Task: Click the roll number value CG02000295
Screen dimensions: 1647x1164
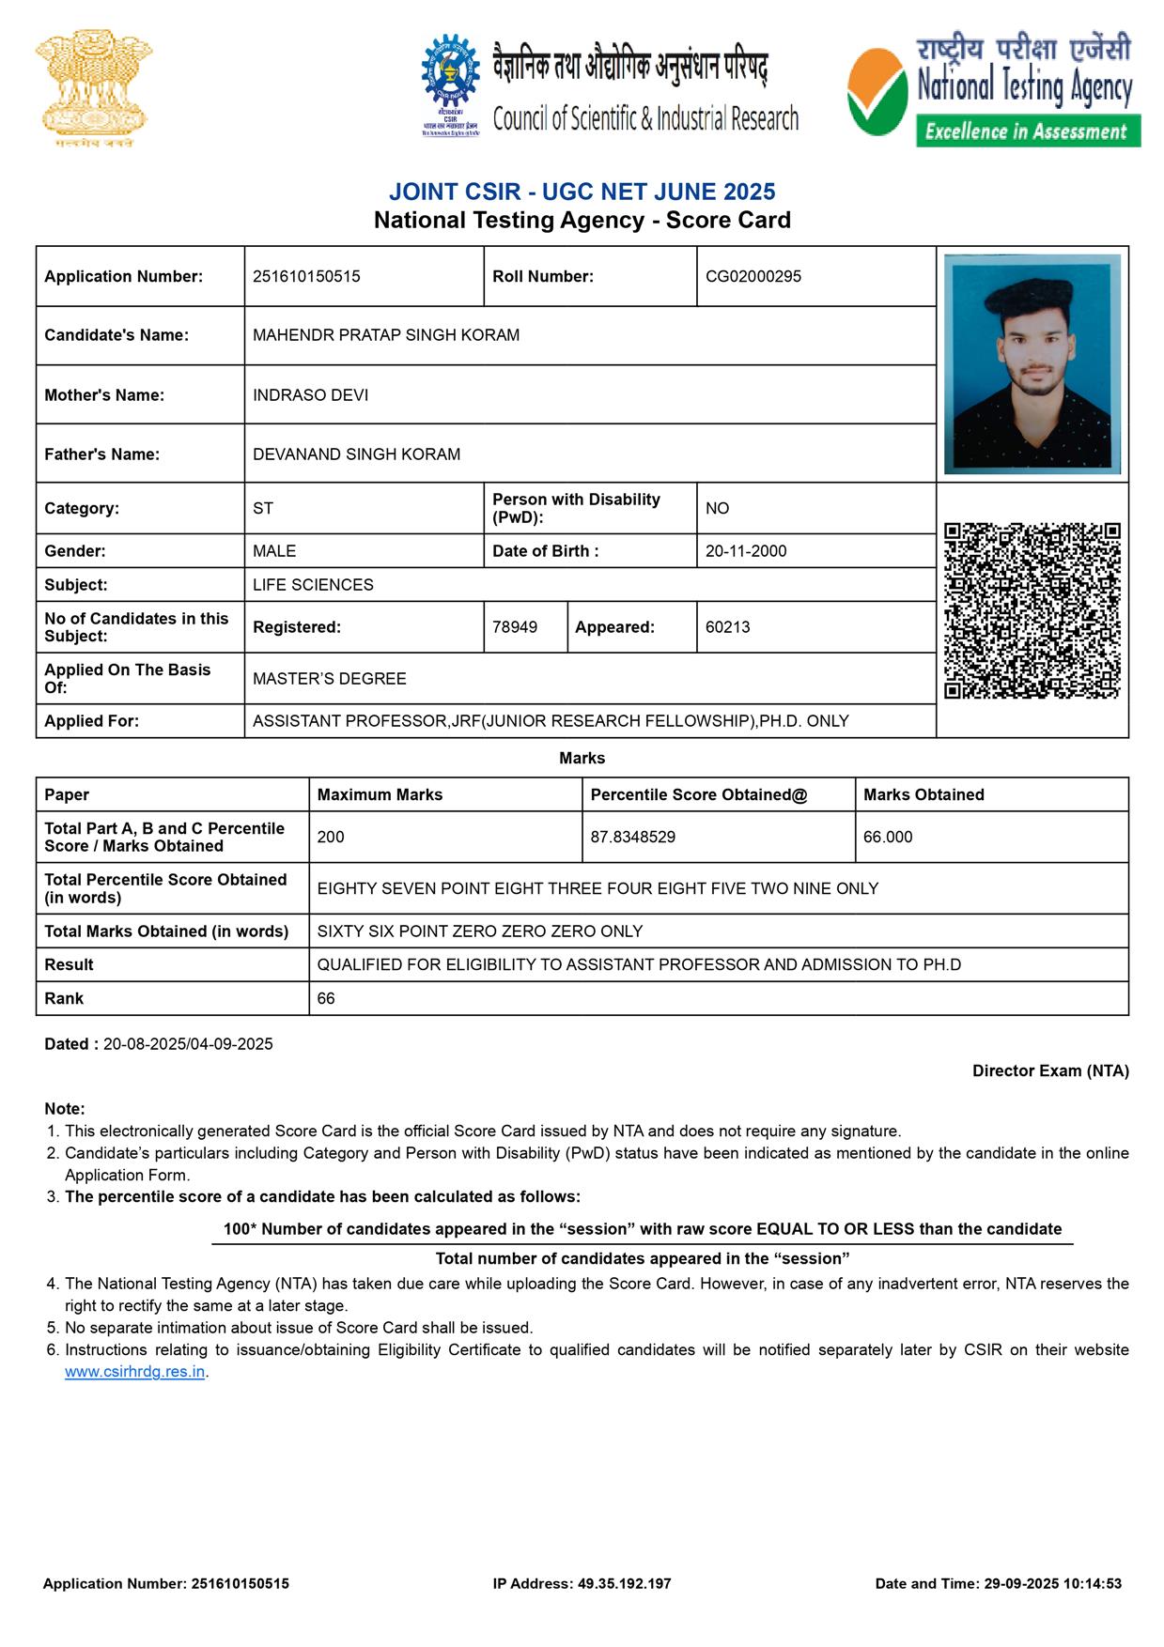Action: (x=753, y=276)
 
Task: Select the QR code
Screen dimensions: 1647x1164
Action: (x=1032, y=610)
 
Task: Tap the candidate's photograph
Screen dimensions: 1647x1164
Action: (x=1032, y=363)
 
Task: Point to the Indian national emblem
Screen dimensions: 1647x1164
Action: (x=93, y=89)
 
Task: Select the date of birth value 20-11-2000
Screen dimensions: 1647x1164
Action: (x=746, y=551)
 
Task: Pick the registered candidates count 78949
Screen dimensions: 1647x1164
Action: (x=515, y=627)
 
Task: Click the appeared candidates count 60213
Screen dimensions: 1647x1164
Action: (x=727, y=627)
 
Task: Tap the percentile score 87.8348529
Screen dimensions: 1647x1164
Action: (x=632, y=837)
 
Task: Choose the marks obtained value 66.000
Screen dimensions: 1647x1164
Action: (x=888, y=837)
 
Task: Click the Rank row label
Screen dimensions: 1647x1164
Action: (x=64, y=998)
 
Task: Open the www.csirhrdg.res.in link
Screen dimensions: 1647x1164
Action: (x=134, y=1372)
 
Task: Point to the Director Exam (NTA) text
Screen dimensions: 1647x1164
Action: (x=1049, y=1070)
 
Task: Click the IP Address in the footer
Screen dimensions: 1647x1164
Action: (x=582, y=1583)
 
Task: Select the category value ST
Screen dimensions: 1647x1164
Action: (x=263, y=508)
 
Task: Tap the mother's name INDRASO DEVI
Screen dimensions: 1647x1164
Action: (x=310, y=395)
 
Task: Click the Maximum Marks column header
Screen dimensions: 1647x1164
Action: (x=380, y=794)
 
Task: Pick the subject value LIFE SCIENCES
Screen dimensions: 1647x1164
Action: (x=313, y=585)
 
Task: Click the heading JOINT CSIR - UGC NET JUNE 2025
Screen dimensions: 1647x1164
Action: (x=582, y=192)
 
